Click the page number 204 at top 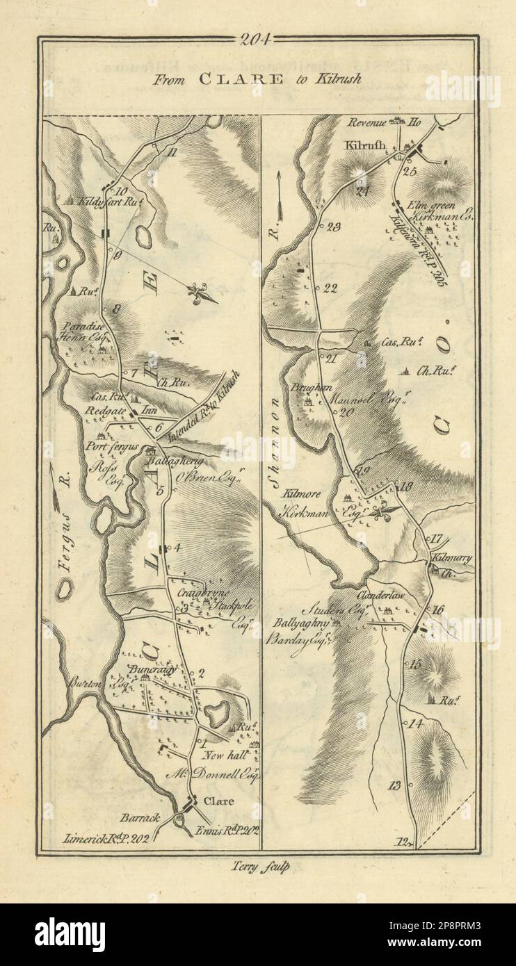point(258,40)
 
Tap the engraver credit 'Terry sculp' point(257,866)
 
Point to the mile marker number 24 point(361,193)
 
